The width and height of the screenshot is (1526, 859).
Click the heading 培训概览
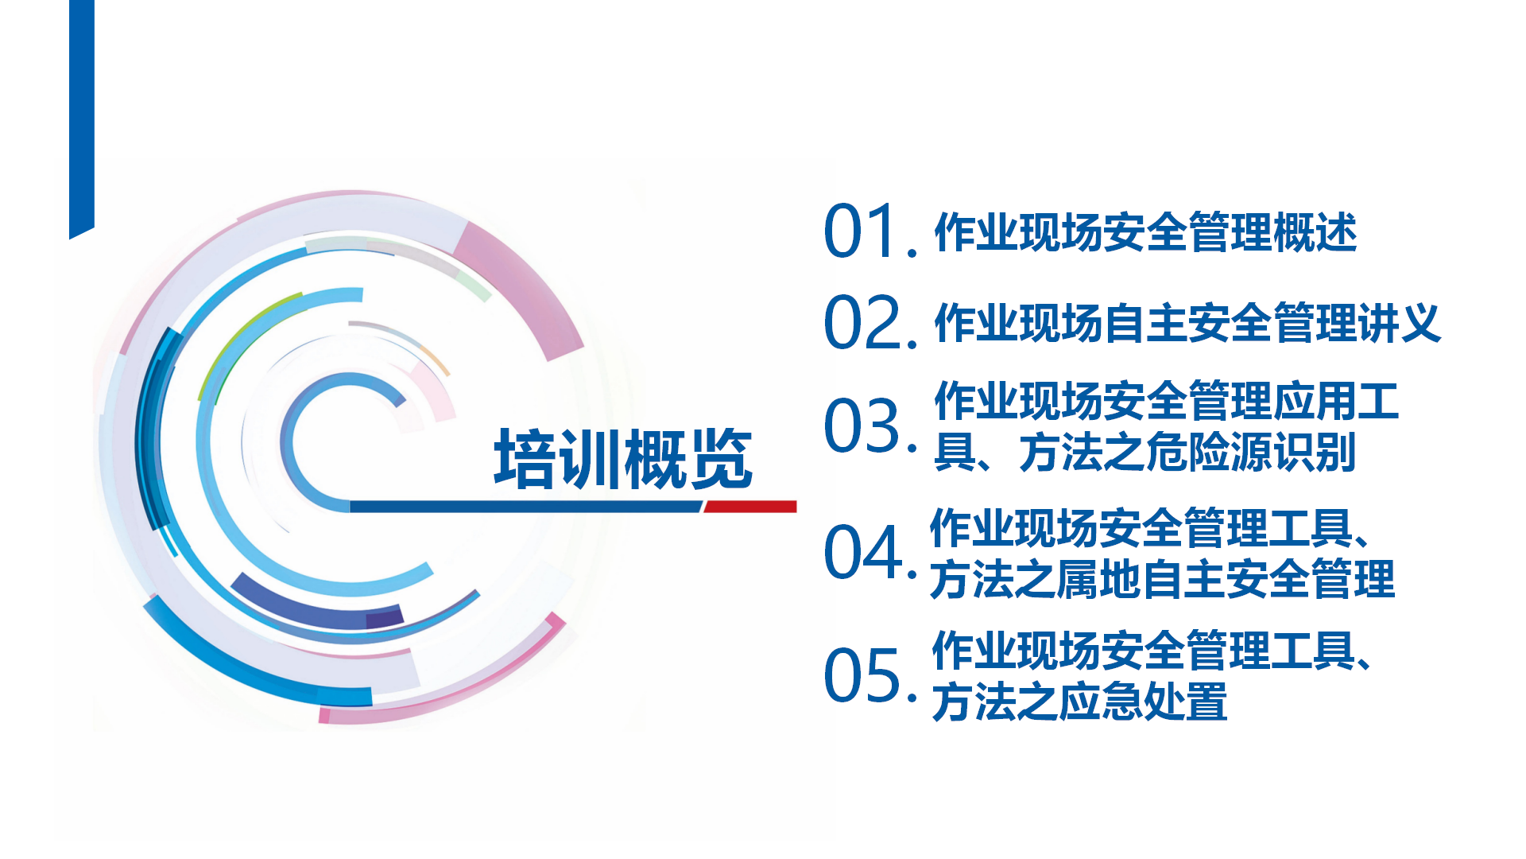[x=623, y=459]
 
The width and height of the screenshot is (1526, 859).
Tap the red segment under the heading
[x=749, y=507]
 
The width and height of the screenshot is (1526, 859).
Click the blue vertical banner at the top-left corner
[x=82, y=118]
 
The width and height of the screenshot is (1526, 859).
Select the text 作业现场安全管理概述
[x=1145, y=232]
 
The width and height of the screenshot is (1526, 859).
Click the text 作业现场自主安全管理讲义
[x=1187, y=323]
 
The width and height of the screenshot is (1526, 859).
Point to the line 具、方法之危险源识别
[x=1144, y=453]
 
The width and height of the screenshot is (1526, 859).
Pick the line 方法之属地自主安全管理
[x=1162, y=579]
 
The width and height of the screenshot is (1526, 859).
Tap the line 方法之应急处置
[x=1079, y=702]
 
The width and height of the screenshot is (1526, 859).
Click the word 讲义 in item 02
[x=1400, y=323]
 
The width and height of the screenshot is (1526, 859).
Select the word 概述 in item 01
[x=1315, y=232]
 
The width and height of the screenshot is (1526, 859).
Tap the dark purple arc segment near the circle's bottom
[x=385, y=617]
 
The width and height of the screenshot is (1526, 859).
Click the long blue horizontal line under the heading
[x=526, y=507]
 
